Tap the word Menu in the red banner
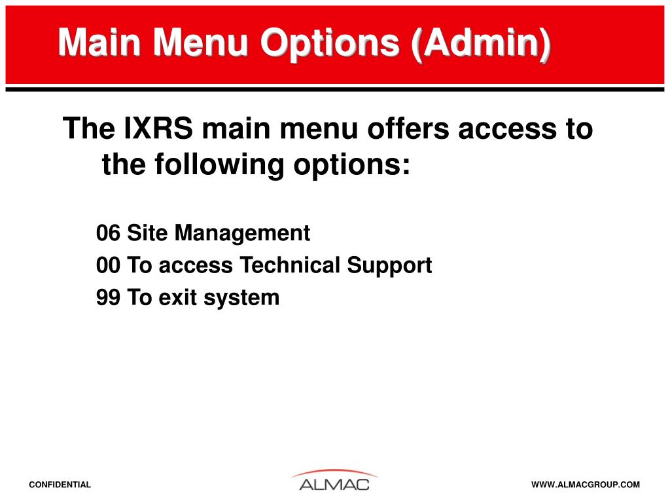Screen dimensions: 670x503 pos(201,43)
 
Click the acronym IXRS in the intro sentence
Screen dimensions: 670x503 pos(158,128)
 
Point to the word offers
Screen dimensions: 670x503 pos(408,128)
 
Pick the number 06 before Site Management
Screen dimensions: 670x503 pos(108,233)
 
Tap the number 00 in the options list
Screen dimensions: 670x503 pos(108,265)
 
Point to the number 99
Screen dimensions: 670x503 pos(108,298)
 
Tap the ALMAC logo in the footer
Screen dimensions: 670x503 pos(334,481)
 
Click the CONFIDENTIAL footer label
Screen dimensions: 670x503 pos(60,485)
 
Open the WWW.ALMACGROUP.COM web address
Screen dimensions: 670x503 pos(586,485)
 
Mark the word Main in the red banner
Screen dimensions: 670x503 pos(99,43)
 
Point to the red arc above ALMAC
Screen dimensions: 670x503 pos(334,471)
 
